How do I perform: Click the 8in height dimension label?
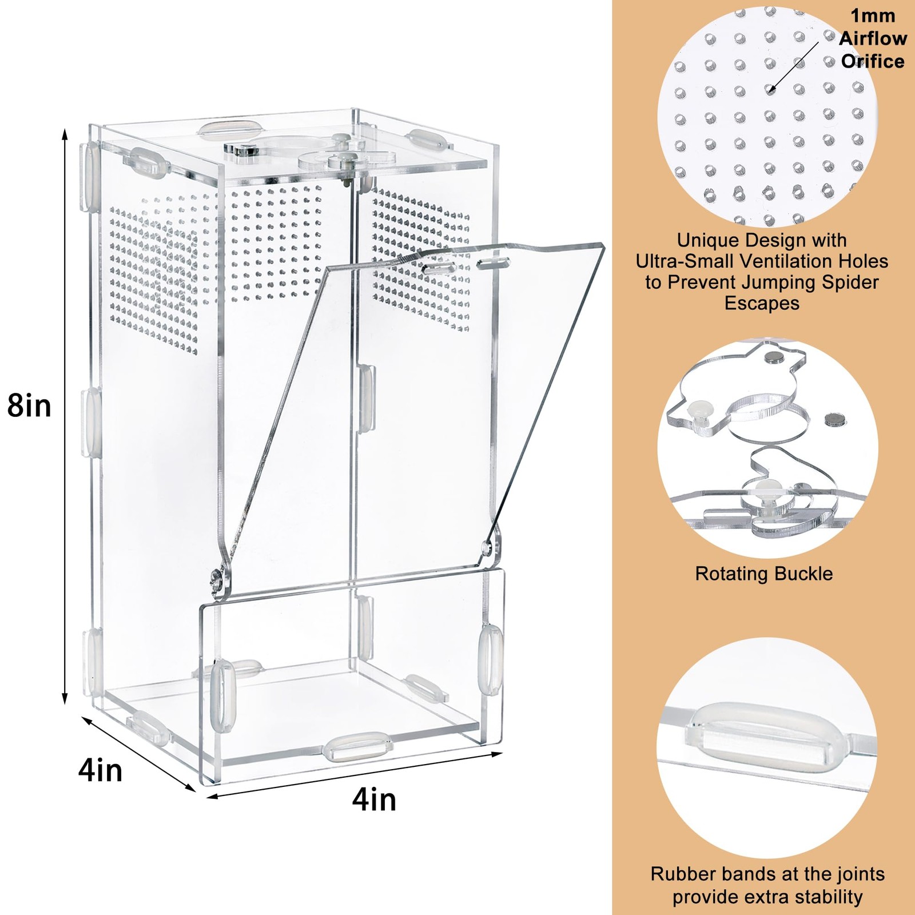[29, 406]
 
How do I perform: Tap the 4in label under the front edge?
[374, 799]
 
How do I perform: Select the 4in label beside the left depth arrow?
[100, 770]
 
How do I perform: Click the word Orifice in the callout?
[873, 61]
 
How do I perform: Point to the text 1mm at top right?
[873, 15]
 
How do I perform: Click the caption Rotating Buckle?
[763, 574]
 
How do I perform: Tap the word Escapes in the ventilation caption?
[762, 303]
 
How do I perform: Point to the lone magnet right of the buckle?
[836, 420]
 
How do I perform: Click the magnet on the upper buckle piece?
[775, 357]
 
